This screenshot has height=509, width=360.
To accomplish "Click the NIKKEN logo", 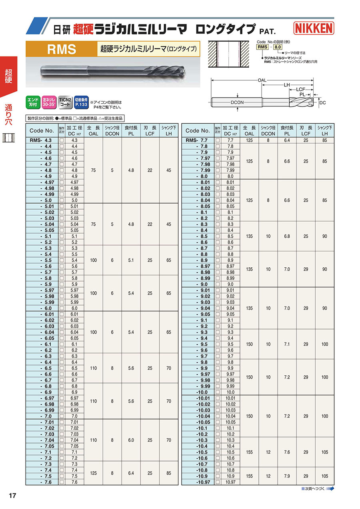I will tap(314, 28).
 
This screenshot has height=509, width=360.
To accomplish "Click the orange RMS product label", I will tap(61, 49).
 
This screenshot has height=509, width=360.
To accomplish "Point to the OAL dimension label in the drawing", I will tap(262, 80).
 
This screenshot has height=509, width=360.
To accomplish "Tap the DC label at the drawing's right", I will tap(323, 102).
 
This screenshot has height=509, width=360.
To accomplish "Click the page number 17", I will tap(12, 496).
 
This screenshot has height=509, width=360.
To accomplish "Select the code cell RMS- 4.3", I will tap(42, 140).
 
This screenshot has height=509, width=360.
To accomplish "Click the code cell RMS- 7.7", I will tap(198, 140).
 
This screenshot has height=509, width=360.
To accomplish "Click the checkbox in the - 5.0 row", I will tap(62, 200).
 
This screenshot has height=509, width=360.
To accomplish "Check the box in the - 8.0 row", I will tap(218, 176).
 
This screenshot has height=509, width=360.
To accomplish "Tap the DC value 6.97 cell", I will tap(74, 399).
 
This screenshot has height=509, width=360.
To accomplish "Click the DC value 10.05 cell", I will tap(230, 423).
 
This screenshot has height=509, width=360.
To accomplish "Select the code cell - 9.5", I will tap(202, 345).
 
